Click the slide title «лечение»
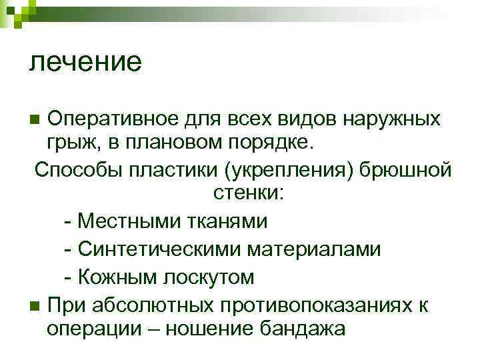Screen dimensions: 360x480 click(x=85, y=62)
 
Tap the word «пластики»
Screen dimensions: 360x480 click(x=174, y=169)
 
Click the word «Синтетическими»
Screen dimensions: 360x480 click(x=158, y=250)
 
